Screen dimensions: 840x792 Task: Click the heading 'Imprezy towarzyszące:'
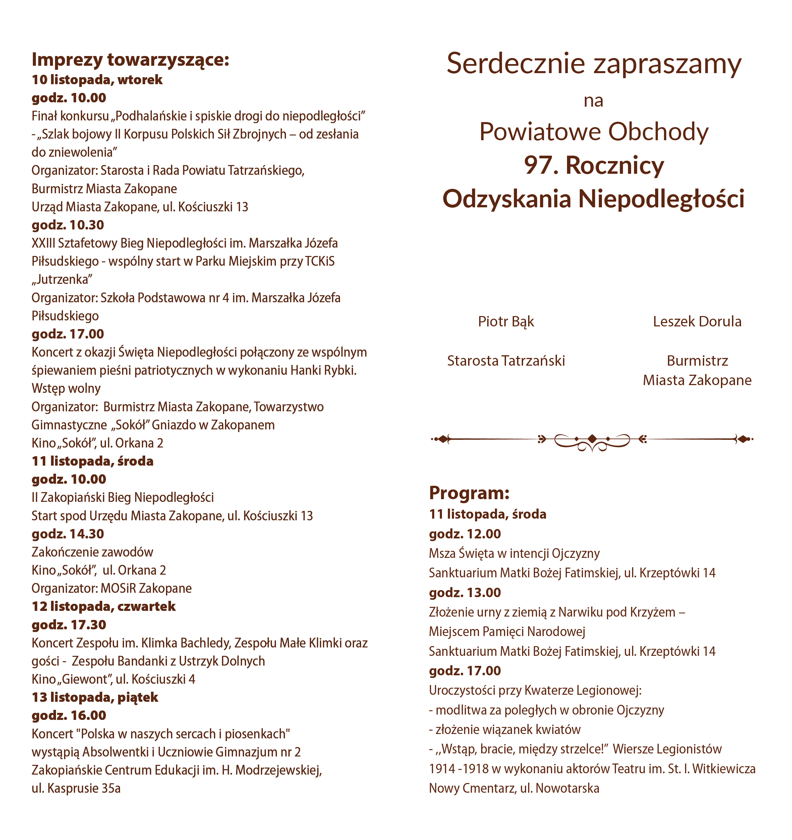[130, 60]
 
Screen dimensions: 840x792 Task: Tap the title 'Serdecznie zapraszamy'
[593, 64]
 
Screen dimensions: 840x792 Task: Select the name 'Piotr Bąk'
[506, 322]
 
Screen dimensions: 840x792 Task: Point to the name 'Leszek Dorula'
[697, 322]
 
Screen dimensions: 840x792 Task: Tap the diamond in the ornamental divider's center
[592, 438]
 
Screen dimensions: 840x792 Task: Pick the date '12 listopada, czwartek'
[104, 606]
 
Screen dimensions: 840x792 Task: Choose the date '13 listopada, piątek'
[95, 697]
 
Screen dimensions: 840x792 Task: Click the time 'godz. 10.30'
[68, 225]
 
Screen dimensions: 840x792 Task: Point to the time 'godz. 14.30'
[68, 534]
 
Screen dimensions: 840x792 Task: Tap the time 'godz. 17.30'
[69, 625]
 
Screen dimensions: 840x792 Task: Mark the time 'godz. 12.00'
[465, 534]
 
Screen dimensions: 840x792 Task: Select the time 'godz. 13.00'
[465, 592]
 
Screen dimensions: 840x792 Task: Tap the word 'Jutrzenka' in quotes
[62, 279]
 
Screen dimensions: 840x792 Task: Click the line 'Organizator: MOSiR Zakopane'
[112, 588]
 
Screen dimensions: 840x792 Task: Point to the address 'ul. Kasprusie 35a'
[76, 788]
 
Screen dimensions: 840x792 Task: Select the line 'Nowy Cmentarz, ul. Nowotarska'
[514, 788]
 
